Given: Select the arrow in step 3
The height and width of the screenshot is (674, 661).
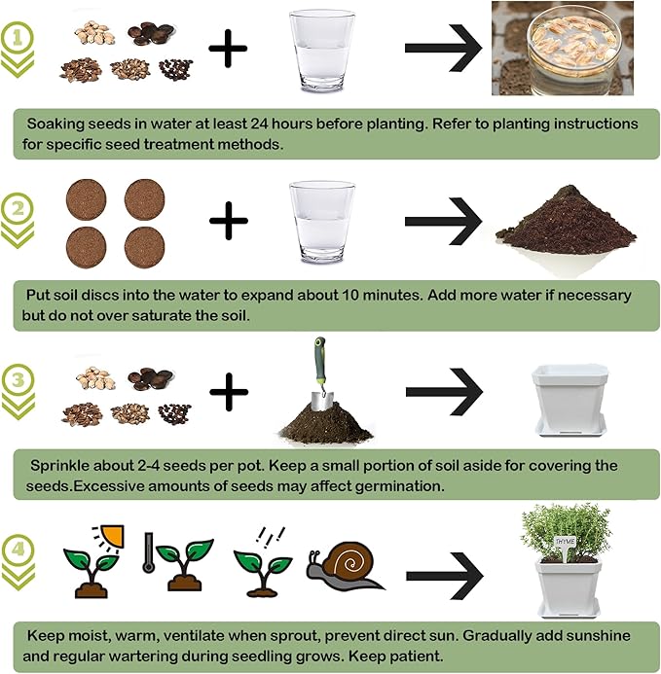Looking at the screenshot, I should tap(444, 393).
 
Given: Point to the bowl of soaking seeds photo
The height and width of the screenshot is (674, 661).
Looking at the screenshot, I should tap(562, 48).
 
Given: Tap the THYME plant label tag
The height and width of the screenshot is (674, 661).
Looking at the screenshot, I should tap(566, 542).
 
